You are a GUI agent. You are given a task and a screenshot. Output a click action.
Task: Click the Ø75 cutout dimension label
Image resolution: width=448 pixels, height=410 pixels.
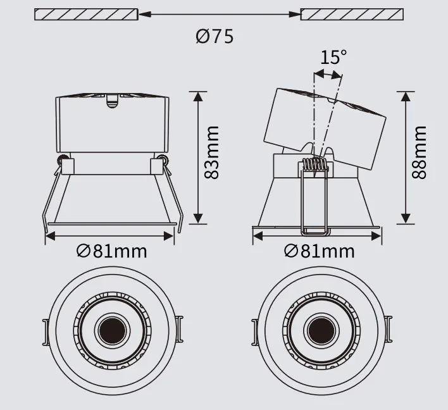(215, 36)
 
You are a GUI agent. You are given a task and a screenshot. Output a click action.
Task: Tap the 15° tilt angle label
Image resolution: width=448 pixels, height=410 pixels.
(333, 58)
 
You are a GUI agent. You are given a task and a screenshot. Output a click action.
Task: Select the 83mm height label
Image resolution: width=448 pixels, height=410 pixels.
(213, 152)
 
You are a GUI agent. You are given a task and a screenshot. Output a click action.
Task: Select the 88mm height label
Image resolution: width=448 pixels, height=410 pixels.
(419, 152)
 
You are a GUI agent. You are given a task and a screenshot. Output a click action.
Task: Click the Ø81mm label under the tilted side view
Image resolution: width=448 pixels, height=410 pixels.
(319, 251)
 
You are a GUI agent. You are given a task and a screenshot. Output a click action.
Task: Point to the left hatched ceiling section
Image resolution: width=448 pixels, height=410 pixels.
(85, 13)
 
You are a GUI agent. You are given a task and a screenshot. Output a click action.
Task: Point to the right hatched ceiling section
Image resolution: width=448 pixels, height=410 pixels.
(352, 13)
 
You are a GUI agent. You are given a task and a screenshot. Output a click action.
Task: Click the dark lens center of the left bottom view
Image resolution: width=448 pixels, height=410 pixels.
(112, 330)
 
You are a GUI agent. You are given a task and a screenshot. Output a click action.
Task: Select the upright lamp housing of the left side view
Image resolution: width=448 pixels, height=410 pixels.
(112, 123)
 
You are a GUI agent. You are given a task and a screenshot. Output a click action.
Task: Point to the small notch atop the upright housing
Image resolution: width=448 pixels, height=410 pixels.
(112, 99)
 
